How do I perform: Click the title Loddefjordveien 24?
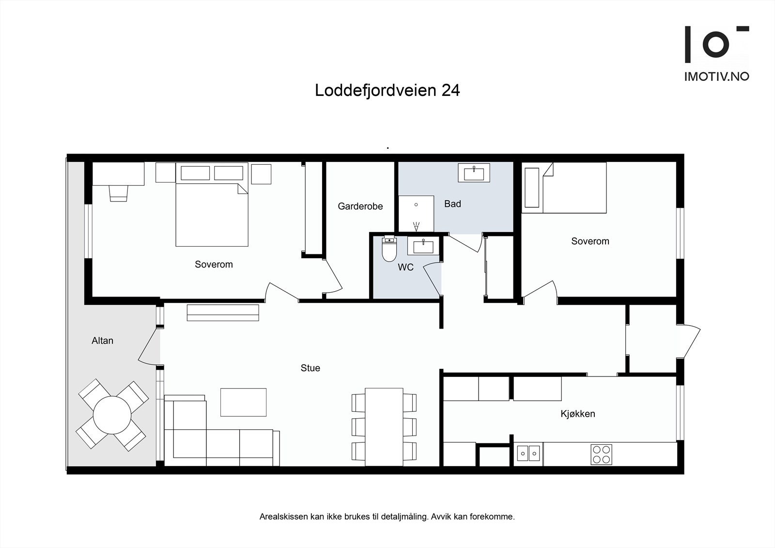click(387, 91)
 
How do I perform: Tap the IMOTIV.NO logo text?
click(716, 76)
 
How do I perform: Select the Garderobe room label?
click(360, 206)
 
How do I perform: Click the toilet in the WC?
click(389, 249)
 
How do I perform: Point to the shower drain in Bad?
click(416, 205)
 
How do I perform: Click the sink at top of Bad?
click(474, 172)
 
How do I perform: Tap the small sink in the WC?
click(423, 246)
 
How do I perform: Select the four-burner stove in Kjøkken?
click(601, 454)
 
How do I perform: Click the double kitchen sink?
click(528, 454)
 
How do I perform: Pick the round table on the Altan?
click(112, 415)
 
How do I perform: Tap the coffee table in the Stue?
click(243, 402)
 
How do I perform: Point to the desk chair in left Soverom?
click(119, 193)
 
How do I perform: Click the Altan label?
click(102, 341)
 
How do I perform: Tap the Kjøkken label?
click(577, 414)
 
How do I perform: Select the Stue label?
click(310, 368)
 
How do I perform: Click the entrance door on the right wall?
click(690, 342)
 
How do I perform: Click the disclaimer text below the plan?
click(387, 517)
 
